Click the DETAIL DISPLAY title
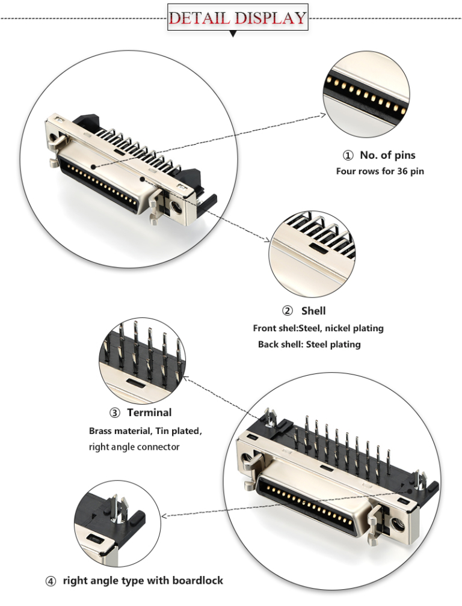click(x=237, y=17)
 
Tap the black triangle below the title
click(x=233, y=34)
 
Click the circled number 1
click(x=348, y=156)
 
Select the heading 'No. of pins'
click(x=387, y=155)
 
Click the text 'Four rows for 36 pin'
click(x=380, y=171)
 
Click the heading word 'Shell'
click(x=313, y=311)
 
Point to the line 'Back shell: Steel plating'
click(x=309, y=344)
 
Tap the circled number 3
click(x=114, y=413)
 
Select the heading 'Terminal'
click(x=149, y=412)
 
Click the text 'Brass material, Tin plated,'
click(x=146, y=431)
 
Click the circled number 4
click(x=51, y=581)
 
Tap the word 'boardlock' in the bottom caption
click(x=198, y=580)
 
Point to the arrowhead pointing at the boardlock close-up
click(x=164, y=515)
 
